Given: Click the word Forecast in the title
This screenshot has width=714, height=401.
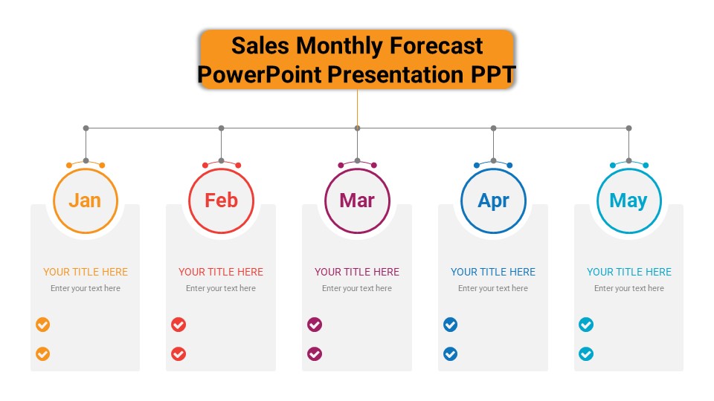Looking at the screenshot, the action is point(437,46).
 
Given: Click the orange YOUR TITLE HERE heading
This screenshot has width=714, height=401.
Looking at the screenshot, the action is point(86,272).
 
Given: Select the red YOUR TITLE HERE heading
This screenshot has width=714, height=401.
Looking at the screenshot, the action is point(221,272).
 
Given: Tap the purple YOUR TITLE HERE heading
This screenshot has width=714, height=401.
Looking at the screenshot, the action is point(357,272).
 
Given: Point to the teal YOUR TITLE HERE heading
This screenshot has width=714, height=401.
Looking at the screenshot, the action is point(629,272).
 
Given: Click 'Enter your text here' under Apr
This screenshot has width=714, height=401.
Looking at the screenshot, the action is point(493,288).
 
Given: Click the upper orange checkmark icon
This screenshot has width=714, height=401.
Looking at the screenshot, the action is point(43,325).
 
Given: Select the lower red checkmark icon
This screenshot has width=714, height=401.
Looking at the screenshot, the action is point(178,353).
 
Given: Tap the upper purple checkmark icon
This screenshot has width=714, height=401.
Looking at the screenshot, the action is point(315,325).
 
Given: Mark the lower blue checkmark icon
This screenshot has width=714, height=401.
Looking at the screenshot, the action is point(451,353).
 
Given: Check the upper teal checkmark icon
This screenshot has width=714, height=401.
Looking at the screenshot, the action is point(586,325).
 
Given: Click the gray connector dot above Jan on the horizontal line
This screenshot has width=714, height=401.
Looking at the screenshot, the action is point(86,128).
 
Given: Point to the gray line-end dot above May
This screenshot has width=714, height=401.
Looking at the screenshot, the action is point(629,128).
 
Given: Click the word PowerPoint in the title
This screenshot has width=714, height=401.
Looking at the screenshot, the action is point(260,75).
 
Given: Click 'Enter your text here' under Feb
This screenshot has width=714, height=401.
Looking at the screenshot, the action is point(221,288).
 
